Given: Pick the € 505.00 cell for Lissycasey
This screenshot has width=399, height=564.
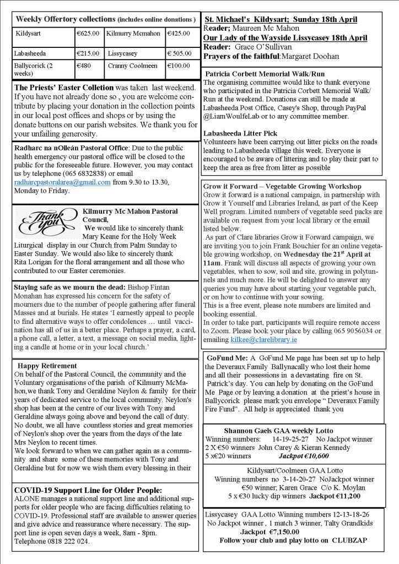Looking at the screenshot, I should pos(180,53).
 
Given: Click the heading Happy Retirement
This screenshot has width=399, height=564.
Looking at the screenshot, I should pos(47,366).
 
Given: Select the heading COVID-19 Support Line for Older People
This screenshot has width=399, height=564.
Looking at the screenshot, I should pos(88,490).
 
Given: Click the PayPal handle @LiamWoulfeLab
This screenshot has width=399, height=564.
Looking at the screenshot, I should pos(234,117).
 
